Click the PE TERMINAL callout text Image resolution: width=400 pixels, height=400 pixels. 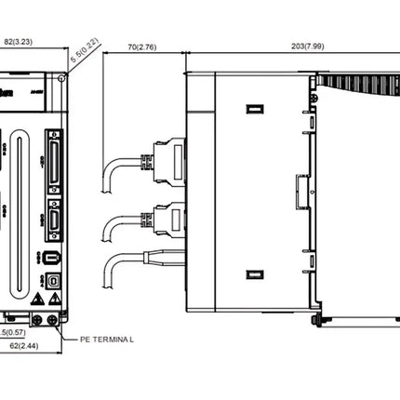point(108,340)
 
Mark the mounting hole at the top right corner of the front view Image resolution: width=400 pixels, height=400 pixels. point(60,79)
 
